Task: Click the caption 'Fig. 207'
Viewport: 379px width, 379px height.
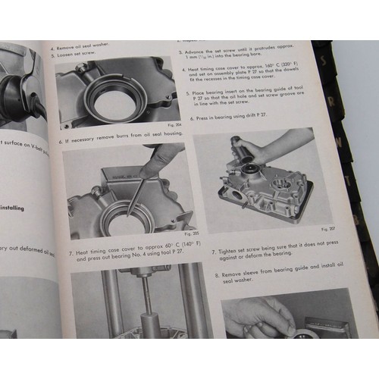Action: (x=327, y=227)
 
